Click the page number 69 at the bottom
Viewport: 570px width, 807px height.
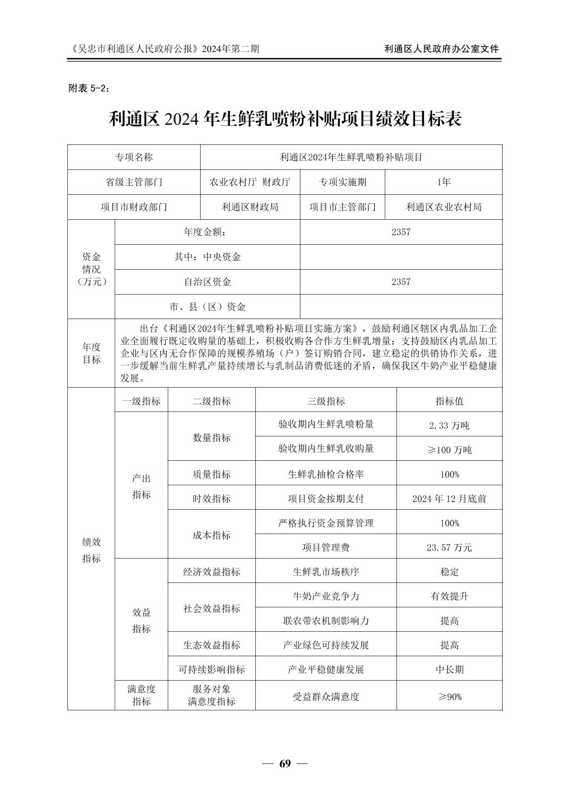click(x=285, y=764)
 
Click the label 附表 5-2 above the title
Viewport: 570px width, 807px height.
click(x=90, y=89)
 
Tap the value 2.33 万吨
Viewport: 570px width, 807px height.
click(x=449, y=425)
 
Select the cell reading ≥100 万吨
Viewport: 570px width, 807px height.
click(x=449, y=449)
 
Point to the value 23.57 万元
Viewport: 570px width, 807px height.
click(x=449, y=547)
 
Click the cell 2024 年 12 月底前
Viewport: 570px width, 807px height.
click(x=449, y=499)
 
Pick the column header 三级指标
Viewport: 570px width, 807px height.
click(x=326, y=401)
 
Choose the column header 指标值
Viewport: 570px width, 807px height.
click(x=449, y=401)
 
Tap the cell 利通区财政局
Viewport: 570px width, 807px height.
click(x=250, y=207)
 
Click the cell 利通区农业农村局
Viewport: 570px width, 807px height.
click(x=443, y=207)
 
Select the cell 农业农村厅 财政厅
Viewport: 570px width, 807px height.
click(x=250, y=182)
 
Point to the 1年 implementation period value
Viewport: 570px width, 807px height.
click(x=443, y=182)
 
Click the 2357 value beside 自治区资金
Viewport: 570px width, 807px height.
click(x=401, y=282)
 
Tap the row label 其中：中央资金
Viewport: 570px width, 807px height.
click(x=208, y=257)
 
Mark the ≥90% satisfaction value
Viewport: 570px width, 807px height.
click(x=449, y=696)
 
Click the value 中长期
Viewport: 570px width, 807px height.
click(x=449, y=669)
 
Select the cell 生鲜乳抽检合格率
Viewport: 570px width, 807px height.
click(x=326, y=474)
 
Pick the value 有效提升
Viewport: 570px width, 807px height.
click(x=449, y=596)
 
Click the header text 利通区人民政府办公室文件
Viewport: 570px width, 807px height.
click(x=442, y=49)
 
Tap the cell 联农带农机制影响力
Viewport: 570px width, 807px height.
click(x=326, y=620)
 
